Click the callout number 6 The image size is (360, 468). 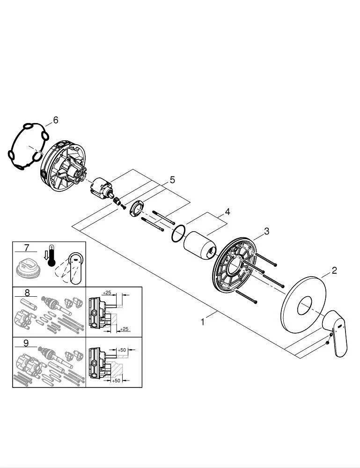(x=56, y=120)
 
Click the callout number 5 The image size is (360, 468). (x=172, y=180)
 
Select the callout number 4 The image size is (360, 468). (x=227, y=212)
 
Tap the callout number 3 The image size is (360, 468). (x=266, y=231)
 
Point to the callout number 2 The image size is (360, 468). (x=334, y=270)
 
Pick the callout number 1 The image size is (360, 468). (x=202, y=322)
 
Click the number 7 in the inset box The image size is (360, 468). (x=27, y=247)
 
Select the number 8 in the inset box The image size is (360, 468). (x=27, y=293)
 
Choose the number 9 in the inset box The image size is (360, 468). (x=27, y=343)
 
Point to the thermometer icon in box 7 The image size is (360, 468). (x=51, y=256)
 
